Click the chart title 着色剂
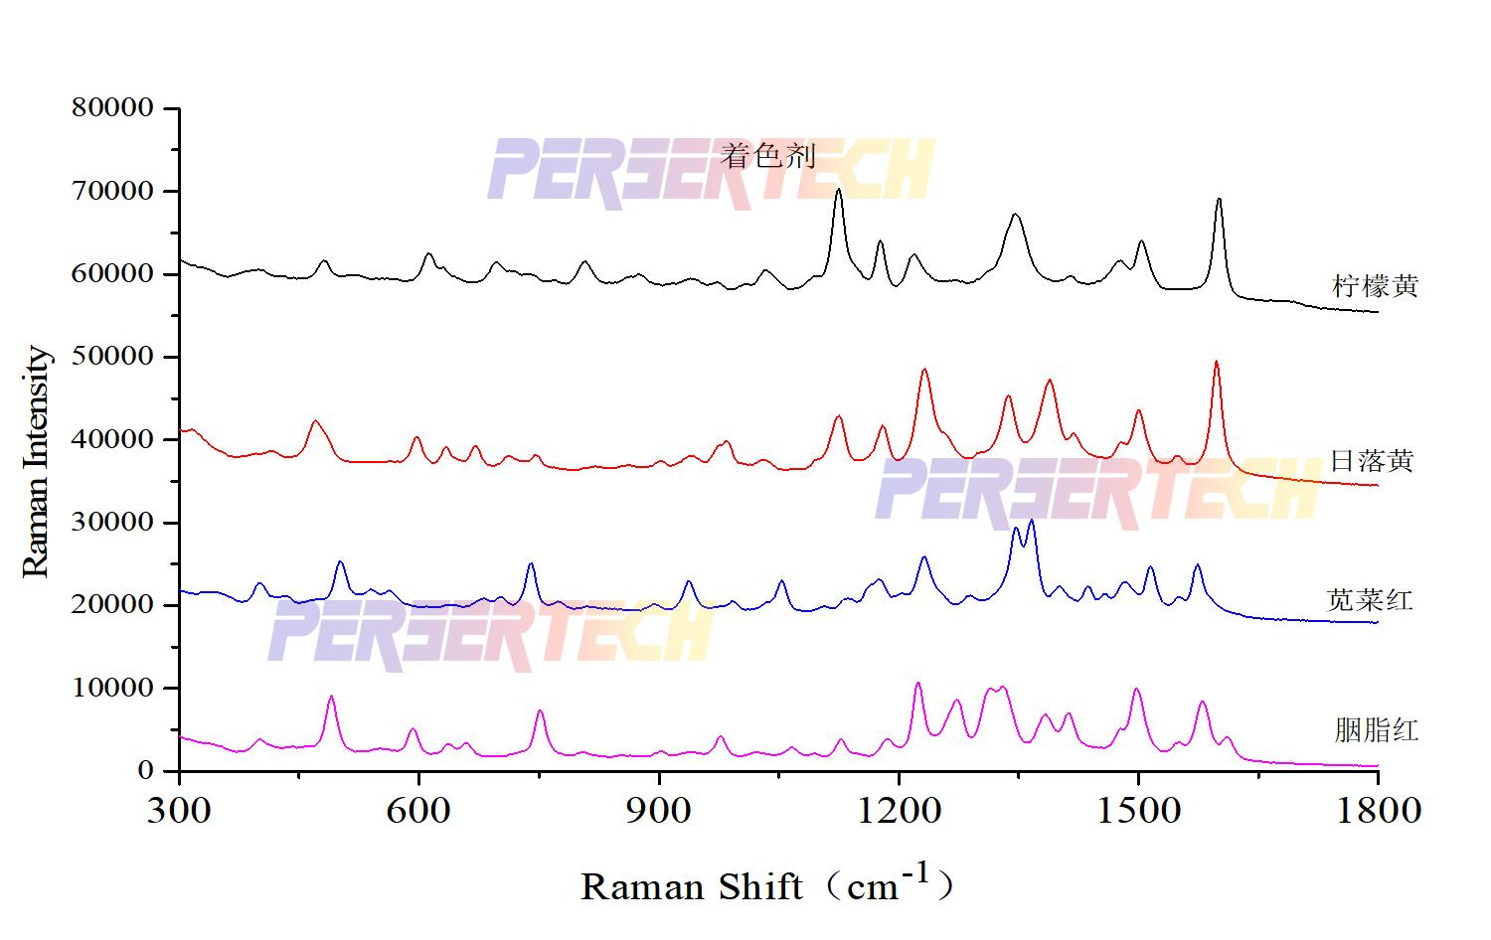pos(767,155)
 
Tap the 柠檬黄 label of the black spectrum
pos(1375,286)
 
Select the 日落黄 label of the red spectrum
pos(1372,461)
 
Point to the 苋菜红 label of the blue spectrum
pos(1370,600)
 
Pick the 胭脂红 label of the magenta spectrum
pos(1376,731)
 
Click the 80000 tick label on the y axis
pos(113,107)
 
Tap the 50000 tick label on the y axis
pos(113,356)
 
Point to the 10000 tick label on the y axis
pos(113,688)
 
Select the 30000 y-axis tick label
pos(113,522)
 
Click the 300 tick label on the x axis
pos(179,811)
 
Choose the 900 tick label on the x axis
pos(659,811)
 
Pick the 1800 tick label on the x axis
pos(1378,811)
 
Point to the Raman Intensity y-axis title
pos(36,461)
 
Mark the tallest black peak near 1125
pos(838,190)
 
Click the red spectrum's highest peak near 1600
pos(1216,363)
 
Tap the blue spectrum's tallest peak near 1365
pos(1032,521)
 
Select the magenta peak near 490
pos(331,697)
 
